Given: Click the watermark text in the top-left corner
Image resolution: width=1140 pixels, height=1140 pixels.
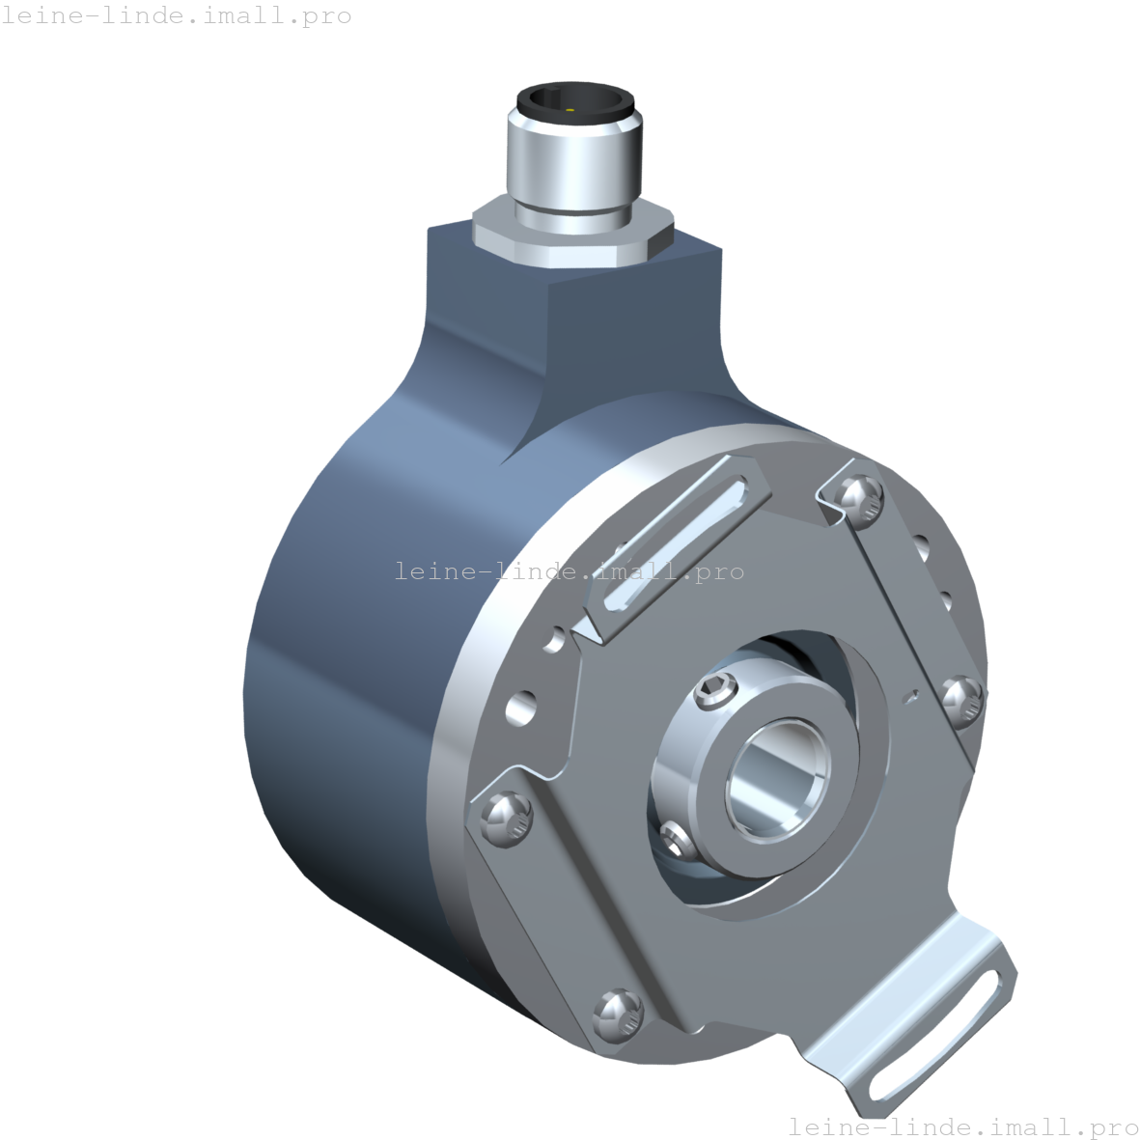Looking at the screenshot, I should point(176,16).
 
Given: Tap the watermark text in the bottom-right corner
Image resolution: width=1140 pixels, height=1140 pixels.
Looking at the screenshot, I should point(962,1126).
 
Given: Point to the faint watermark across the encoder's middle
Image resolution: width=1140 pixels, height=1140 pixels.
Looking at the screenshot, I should point(569,571).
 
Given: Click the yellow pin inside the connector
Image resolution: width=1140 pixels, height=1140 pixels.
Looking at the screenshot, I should point(570,111).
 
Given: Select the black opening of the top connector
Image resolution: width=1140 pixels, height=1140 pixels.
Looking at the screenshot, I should point(575,99).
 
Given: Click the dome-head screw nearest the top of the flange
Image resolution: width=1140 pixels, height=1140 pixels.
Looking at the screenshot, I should point(859,498).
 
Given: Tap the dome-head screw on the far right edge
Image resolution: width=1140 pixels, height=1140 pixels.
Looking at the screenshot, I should point(962,698).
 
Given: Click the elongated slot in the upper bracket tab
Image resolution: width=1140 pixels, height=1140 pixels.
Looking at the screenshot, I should point(675,545).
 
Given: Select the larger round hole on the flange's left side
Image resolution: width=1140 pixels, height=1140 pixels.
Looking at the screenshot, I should point(521,708).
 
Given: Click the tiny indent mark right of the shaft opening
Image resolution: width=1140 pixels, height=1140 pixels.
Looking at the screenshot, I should point(910,695).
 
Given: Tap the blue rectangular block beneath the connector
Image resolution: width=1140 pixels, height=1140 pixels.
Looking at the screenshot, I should point(579,319).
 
